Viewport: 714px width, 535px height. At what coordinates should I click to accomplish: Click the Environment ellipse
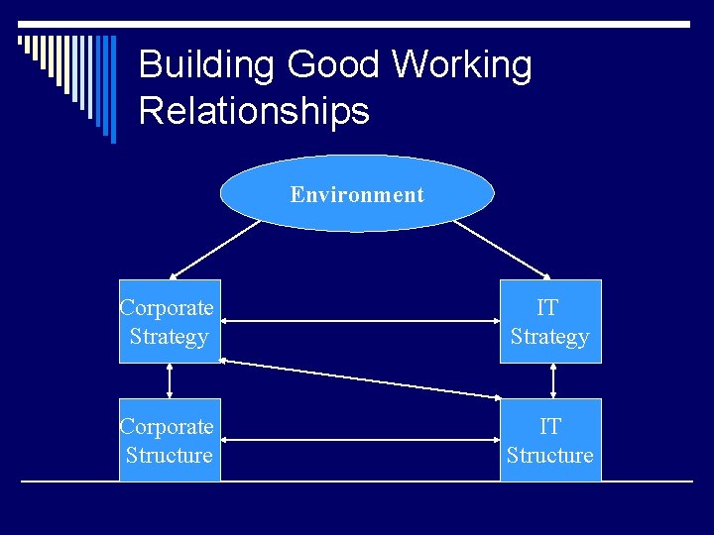[x=356, y=194]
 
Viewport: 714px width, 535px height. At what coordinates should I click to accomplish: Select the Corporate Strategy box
[x=170, y=322]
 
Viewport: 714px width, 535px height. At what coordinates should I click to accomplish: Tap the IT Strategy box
[x=550, y=322]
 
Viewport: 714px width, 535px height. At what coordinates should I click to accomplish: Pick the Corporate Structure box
[x=170, y=441]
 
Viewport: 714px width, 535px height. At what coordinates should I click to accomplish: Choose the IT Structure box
[x=550, y=441]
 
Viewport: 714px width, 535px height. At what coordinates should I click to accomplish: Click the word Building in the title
[x=206, y=66]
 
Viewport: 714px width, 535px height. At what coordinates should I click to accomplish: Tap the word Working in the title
[x=461, y=66]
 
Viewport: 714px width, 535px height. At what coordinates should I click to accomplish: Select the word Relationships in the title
[x=254, y=111]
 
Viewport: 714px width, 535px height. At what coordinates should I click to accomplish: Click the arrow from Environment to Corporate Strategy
[x=213, y=249]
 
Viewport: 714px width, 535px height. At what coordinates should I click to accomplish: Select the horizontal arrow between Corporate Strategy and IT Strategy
[x=360, y=320]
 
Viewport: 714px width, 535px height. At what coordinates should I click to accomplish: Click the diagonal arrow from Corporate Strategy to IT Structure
[x=360, y=378]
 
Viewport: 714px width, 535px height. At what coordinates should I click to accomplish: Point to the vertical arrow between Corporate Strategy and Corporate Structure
[x=170, y=380]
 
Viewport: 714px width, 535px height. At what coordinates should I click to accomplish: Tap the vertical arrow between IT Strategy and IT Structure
[x=552, y=380]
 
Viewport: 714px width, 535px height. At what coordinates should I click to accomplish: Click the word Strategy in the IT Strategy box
[x=550, y=337]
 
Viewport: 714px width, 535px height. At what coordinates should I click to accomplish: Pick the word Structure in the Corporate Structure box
[x=170, y=456]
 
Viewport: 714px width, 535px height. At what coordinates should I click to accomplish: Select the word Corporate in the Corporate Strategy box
[x=167, y=308]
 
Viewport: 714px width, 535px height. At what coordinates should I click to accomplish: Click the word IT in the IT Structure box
[x=550, y=427]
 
